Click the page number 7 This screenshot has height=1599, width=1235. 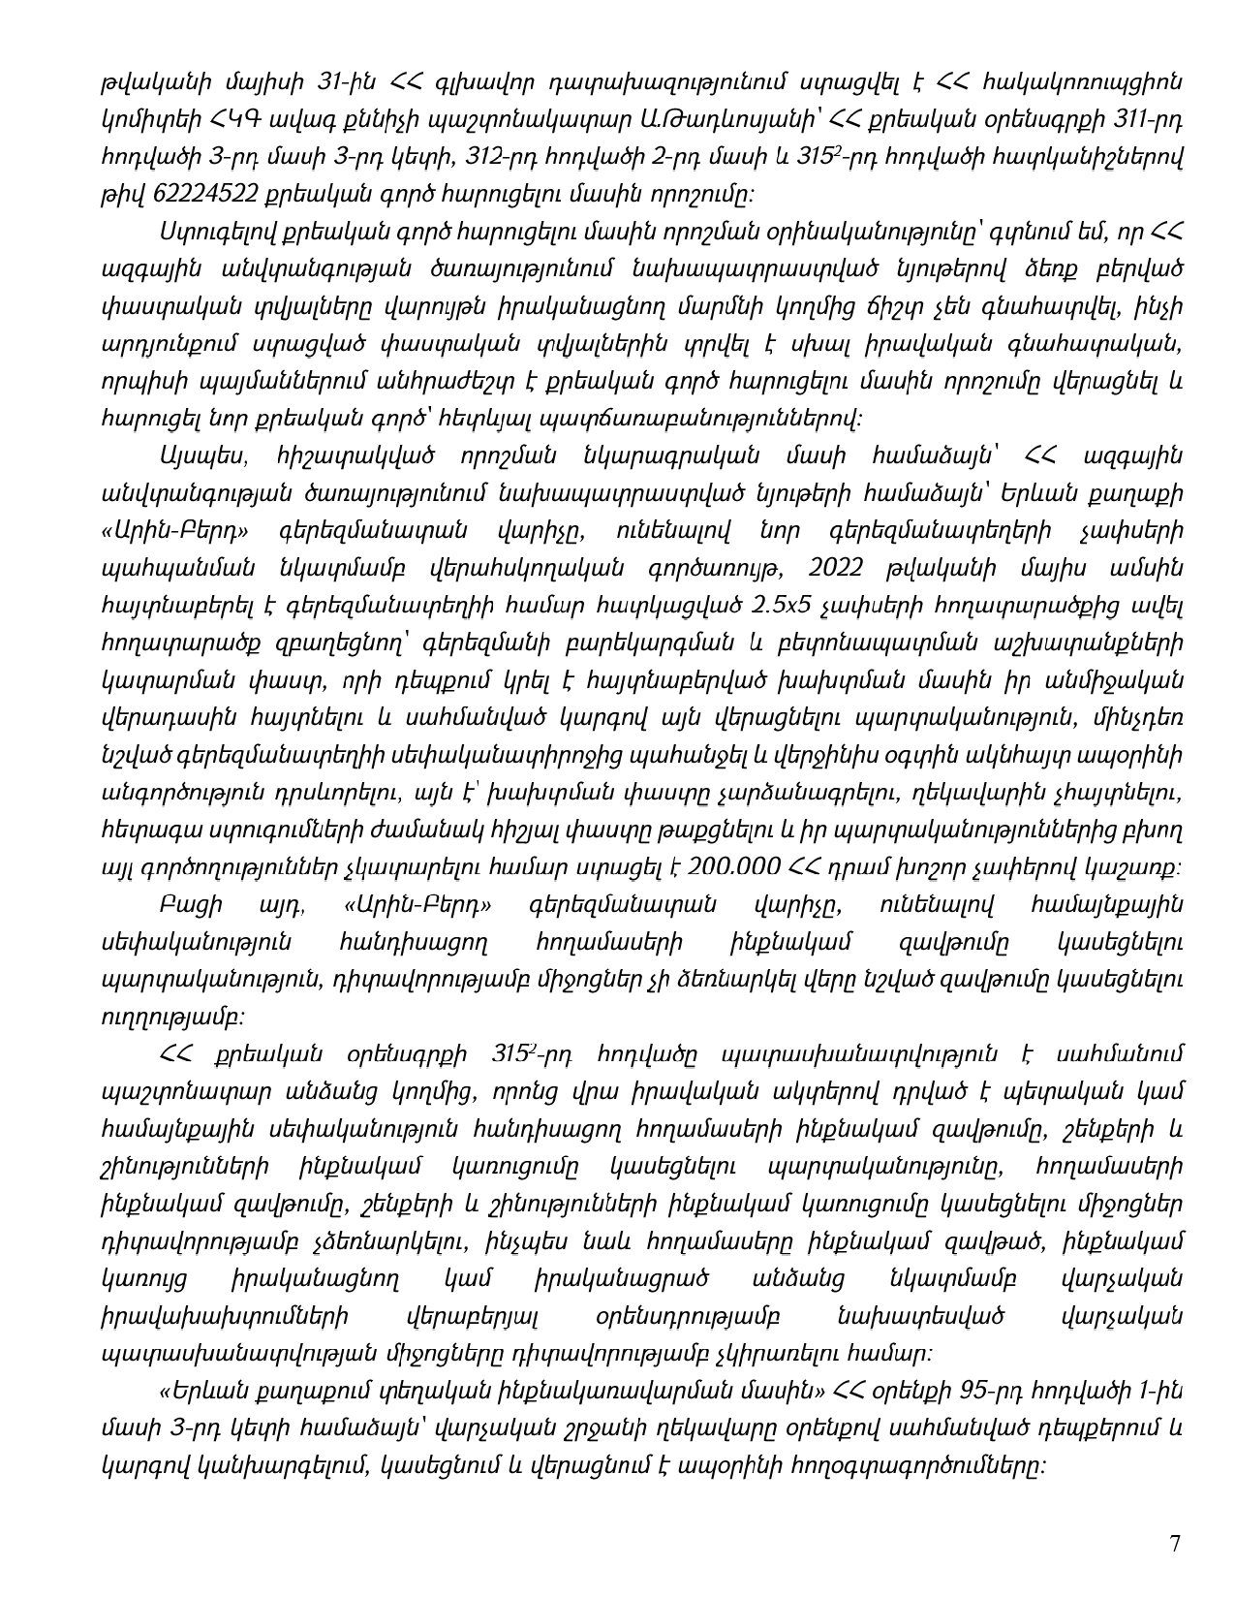click(1175, 1544)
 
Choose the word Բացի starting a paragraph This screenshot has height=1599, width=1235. click(191, 904)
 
